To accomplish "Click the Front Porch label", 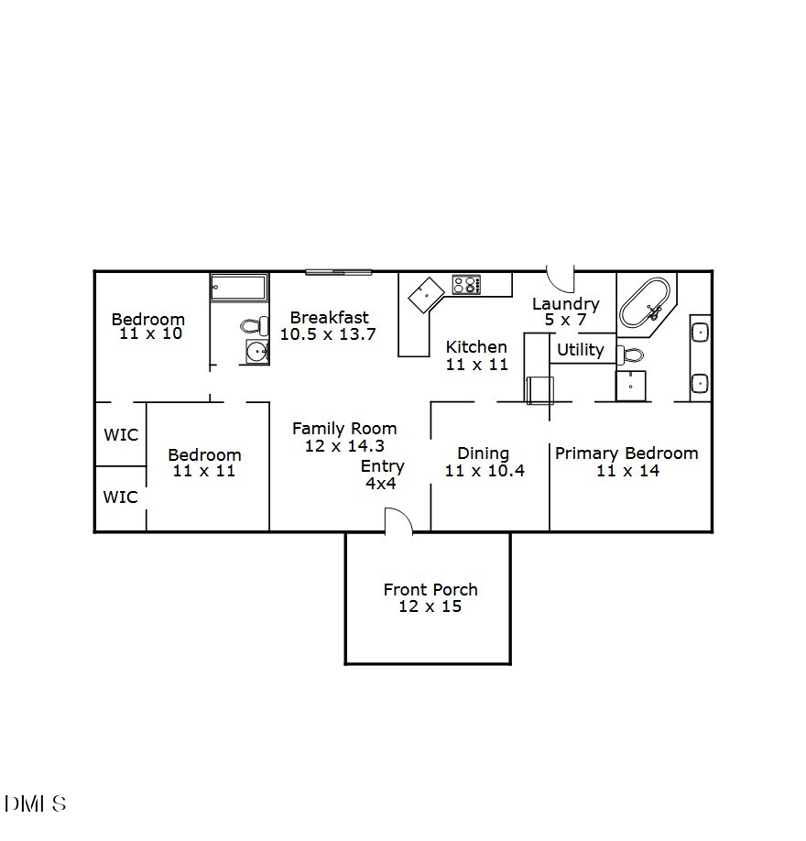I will (x=430, y=589).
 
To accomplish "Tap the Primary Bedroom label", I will (x=626, y=453).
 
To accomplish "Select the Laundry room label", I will (x=565, y=304).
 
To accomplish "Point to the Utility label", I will (x=580, y=349).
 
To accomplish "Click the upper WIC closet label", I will (x=121, y=434).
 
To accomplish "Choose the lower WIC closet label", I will (x=121, y=497).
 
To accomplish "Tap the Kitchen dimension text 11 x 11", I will (x=476, y=364).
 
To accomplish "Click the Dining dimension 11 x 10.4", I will (x=484, y=471).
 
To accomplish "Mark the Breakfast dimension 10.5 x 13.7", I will (x=328, y=334).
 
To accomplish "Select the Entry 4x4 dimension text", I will (x=381, y=483).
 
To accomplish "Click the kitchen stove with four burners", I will (x=466, y=285).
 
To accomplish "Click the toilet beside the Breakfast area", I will (x=255, y=324).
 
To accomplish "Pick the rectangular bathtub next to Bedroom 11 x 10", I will (x=238, y=288).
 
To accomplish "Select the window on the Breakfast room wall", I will (x=339, y=271).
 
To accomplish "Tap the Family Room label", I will (x=344, y=428).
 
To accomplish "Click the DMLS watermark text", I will (x=36, y=804).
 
